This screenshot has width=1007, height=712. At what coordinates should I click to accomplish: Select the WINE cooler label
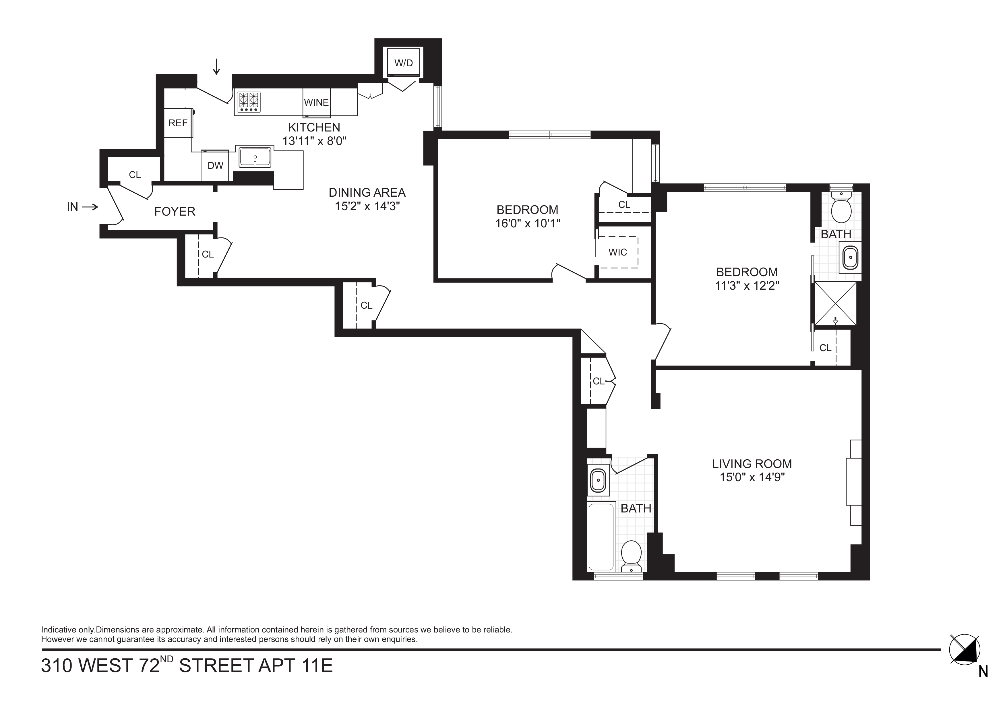tap(316, 102)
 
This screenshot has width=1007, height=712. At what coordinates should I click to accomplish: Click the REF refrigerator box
tap(178, 123)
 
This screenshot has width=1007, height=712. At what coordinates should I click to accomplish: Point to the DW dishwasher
tap(215, 165)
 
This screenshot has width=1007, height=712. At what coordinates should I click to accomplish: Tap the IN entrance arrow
tap(90, 207)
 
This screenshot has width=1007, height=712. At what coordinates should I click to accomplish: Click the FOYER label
tap(175, 212)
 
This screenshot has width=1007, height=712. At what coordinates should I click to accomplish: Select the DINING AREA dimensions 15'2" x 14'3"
tap(367, 206)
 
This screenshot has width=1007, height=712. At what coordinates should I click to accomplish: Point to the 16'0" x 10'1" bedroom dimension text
tap(528, 224)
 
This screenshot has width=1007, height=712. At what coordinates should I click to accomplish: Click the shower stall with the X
tap(835, 303)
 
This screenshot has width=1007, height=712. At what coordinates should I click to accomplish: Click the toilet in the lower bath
tap(632, 556)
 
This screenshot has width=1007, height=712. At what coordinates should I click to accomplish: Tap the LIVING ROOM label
tap(752, 464)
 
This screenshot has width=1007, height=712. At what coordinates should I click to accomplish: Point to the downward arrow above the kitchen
tap(216, 66)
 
